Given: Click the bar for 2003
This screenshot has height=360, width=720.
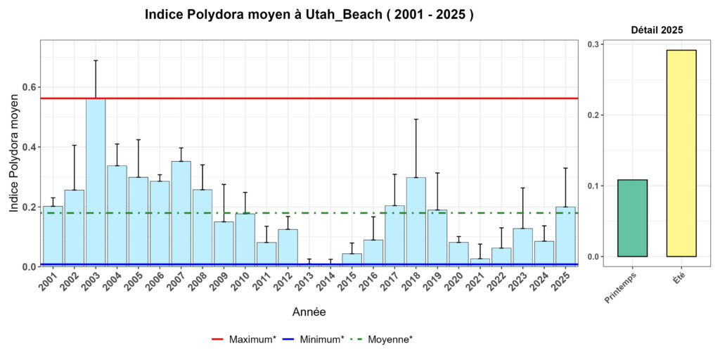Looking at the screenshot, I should tap(96, 183).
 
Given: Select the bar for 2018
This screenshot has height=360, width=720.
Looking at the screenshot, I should tap(416, 222).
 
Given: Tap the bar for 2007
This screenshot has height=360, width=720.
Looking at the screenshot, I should tap(181, 214).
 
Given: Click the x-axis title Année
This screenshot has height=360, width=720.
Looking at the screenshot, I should tap(309, 311).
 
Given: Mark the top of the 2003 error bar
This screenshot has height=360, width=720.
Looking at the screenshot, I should tap(96, 60).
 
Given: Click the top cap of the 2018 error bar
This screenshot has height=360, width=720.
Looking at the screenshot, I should tap(416, 120).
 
